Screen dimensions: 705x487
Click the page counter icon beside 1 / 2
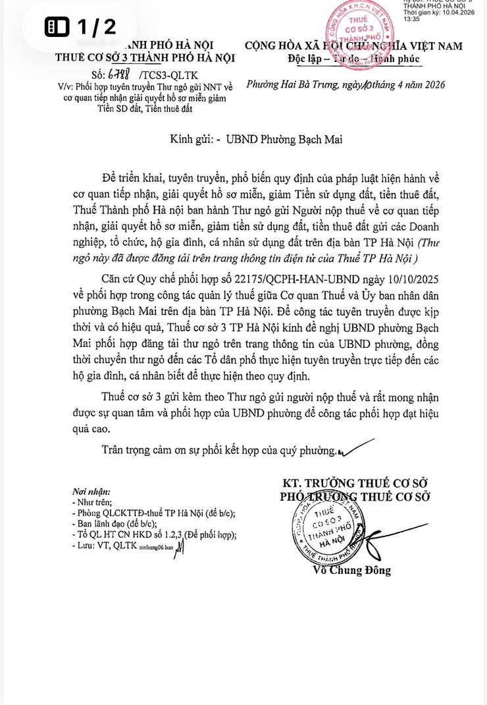tap(57, 27)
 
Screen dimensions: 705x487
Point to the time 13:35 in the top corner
tap(411, 20)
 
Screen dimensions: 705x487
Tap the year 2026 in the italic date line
tap(430, 85)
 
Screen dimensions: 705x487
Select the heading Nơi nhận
tap(92, 492)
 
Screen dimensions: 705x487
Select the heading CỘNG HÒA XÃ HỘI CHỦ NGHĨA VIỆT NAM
tap(353, 45)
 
